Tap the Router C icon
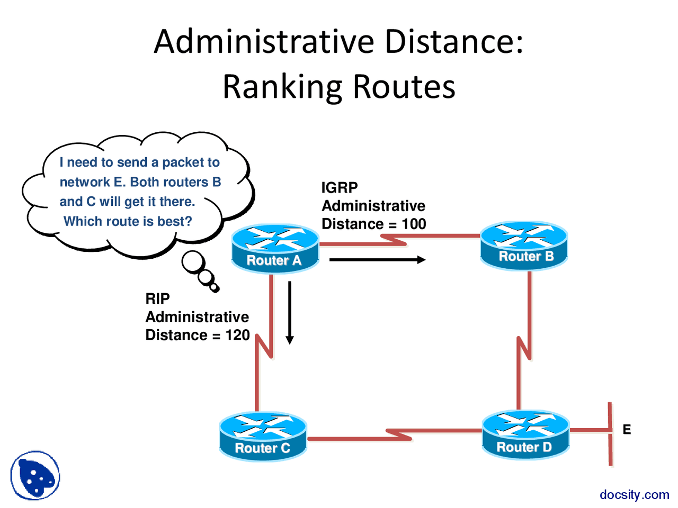[x=263, y=436]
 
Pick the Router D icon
[x=525, y=434]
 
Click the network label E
[x=627, y=429]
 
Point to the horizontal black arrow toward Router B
[x=377, y=260]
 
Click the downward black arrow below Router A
[x=290, y=312]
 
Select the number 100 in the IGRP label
[x=414, y=224]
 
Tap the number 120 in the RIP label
[x=237, y=335]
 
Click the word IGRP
[x=340, y=188]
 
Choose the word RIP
[x=157, y=299]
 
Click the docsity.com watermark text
[x=634, y=494]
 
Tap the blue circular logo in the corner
[x=35, y=475]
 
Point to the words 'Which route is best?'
[x=128, y=221]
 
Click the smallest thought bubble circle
[x=215, y=288]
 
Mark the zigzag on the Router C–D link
[x=398, y=434]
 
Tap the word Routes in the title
[x=404, y=87]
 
